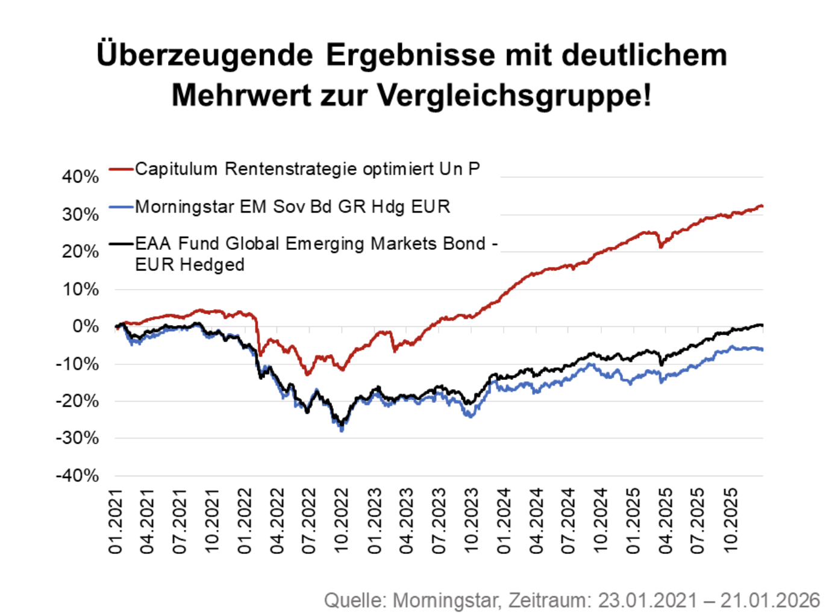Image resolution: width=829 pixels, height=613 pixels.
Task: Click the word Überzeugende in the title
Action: pyautogui.click(x=205, y=55)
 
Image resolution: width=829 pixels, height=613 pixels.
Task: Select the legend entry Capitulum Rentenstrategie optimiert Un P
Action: pyautogui.click(x=307, y=169)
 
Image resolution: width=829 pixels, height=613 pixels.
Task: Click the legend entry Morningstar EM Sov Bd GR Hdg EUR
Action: pyautogui.click(x=292, y=207)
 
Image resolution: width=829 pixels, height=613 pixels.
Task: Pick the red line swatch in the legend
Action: pyautogui.click(x=121, y=169)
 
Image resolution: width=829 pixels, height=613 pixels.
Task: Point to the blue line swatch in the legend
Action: pyautogui.click(x=121, y=207)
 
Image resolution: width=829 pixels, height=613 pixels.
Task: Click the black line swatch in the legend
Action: pyautogui.click(x=121, y=244)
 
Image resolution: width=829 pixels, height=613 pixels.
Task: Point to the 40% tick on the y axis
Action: pyautogui.click(x=80, y=176)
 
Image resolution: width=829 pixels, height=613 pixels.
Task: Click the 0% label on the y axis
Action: pyautogui.click(x=85, y=326)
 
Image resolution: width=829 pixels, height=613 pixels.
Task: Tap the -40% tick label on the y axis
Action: pyautogui.click(x=77, y=476)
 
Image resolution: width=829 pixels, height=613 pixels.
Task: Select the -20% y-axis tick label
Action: pyautogui.click(x=77, y=401)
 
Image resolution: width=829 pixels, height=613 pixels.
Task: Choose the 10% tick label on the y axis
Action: pyautogui.click(x=80, y=289)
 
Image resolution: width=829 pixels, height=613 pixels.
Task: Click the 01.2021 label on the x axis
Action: pyautogui.click(x=115, y=521)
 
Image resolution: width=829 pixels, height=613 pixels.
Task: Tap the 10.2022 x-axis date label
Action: pyautogui.click(x=342, y=521)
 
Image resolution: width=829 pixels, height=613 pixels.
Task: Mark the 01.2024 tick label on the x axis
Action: pyautogui.click(x=504, y=521)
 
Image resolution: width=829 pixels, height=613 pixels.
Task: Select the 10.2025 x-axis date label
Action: pyautogui.click(x=730, y=521)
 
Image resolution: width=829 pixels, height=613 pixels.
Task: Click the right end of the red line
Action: pyautogui.click(x=762, y=206)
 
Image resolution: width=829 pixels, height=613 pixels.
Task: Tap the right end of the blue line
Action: pyautogui.click(x=762, y=349)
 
